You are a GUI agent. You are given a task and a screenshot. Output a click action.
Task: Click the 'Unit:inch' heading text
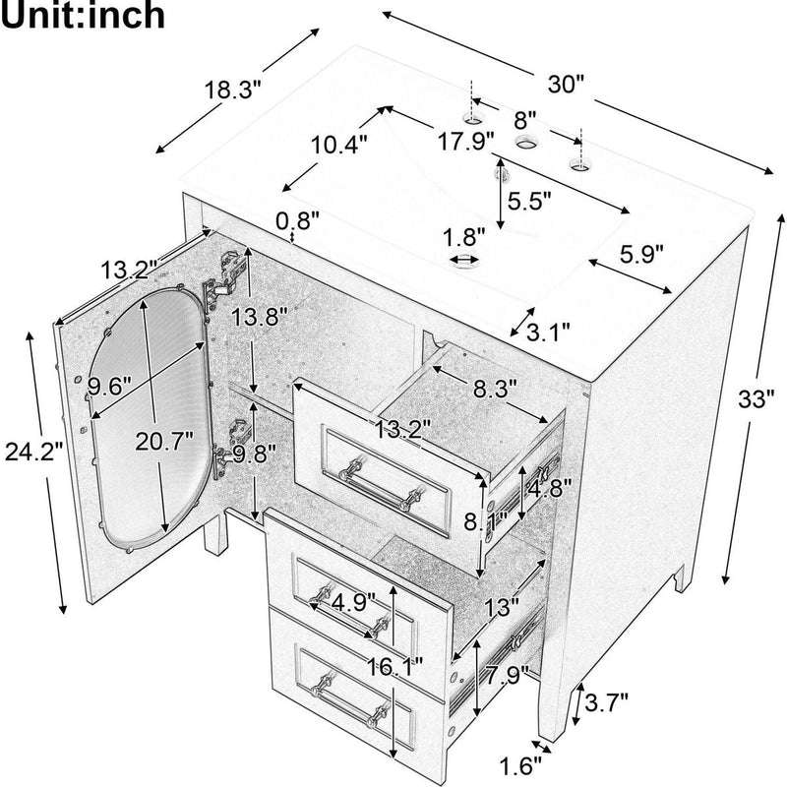[x=84, y=19]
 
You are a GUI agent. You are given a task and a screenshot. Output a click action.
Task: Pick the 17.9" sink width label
[x=465, y=141]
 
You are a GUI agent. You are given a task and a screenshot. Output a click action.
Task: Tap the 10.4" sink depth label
[x=339, y=144]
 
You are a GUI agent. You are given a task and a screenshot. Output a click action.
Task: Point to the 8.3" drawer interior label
[x=494, y=390]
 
